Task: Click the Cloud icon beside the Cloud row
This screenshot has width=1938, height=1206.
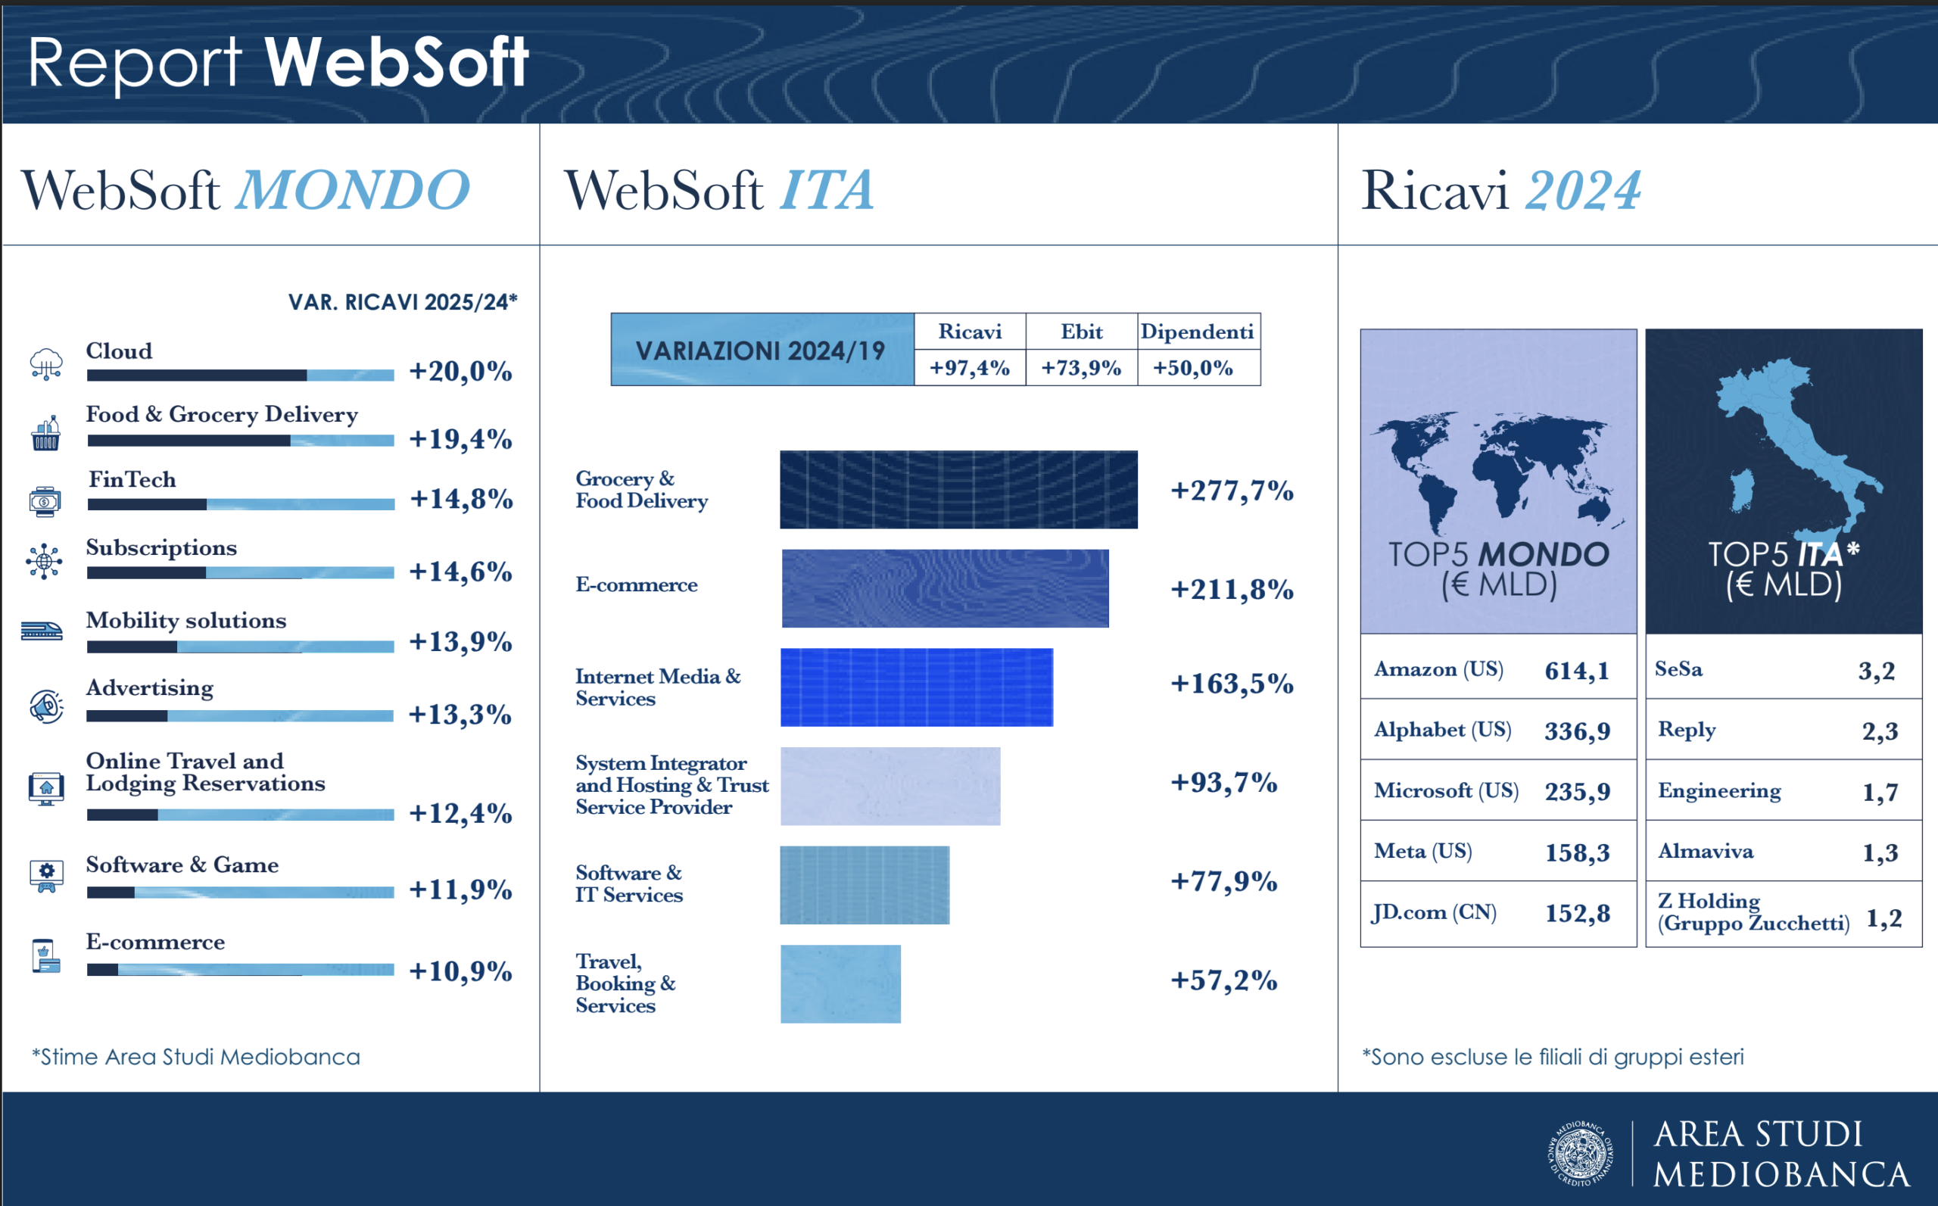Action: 46,363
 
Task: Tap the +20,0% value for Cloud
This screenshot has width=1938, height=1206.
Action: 460,372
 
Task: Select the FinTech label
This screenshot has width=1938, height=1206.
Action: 132,479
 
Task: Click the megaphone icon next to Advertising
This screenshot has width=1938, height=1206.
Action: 46,706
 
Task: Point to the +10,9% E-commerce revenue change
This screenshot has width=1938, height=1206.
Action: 460,971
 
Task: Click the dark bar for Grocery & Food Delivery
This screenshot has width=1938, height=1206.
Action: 958,490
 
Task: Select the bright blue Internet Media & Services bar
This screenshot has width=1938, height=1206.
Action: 916,687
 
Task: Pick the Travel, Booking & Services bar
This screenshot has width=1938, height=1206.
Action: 840,983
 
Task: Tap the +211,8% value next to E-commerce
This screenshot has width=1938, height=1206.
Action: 1232,590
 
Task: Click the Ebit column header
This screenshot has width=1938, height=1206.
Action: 1082,332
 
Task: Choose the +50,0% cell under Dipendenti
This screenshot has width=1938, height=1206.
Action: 1193,368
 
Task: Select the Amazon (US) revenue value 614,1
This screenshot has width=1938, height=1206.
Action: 1577,671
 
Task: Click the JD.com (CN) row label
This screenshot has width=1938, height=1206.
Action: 1434,912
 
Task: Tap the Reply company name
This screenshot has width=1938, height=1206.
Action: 1687,730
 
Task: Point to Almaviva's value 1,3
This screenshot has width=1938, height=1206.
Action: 1880,852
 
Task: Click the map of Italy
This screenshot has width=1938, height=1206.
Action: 1795,447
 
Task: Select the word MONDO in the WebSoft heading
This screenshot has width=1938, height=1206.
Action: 353,191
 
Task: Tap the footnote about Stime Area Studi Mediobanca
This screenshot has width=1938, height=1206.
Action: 196,1057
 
